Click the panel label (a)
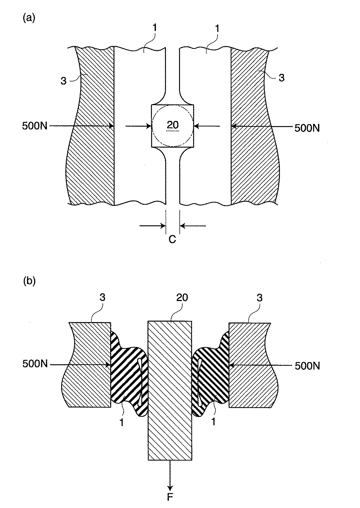click(29, 18)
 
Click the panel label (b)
click(29, 281)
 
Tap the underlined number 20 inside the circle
click(173, 125)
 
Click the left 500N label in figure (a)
click(35, 126)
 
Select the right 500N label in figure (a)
click(307, 128)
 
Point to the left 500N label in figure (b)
click(35, 364)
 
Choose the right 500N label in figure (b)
click(307, 366)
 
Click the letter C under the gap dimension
click(172, 239)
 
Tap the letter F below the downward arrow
click(170, 497)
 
